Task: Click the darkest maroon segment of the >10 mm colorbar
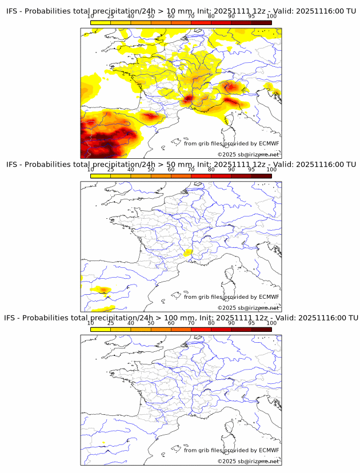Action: click(261, 22)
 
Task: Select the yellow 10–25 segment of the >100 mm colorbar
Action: click(101, 328)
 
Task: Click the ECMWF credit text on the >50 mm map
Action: click(231, 297)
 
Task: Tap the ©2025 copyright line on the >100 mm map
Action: click(249, 461)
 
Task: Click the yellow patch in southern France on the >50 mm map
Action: click(187, 252)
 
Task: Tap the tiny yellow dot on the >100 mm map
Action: click(103, 443)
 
